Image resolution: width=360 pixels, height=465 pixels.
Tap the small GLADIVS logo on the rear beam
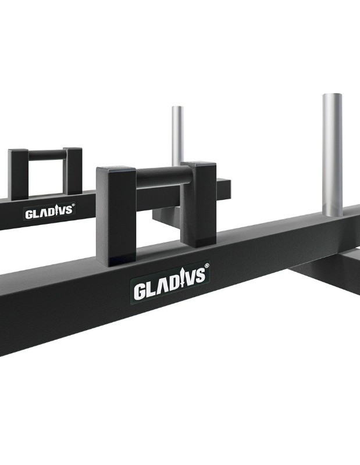click(x=49, y=212)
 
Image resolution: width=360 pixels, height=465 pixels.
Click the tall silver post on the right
click(x=332, y=154)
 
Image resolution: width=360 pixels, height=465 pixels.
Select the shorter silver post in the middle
click(x=177, y=137)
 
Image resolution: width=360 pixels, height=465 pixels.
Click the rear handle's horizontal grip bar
click(x=47, y=155)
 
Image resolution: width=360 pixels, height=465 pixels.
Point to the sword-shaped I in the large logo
click(x=178, y=281)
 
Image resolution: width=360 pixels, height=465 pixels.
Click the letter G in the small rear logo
click(x=28, y=214)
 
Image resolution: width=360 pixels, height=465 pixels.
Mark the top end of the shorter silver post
click(x=177, y=108)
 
